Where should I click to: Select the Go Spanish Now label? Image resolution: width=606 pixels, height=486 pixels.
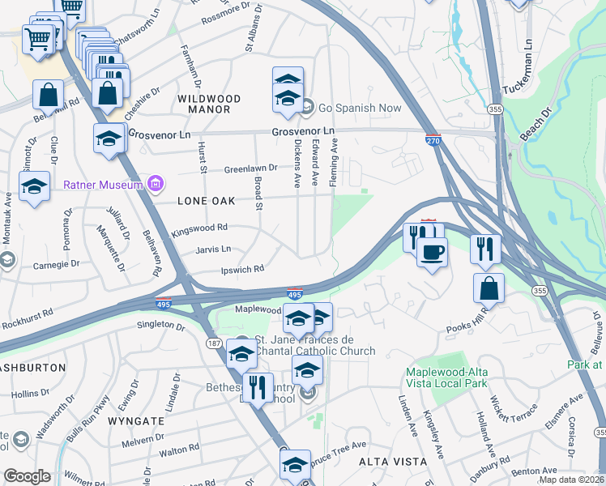click(x=361, y=107)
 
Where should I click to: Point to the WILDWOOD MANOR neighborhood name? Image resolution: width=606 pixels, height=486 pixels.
click(x=208, y=104)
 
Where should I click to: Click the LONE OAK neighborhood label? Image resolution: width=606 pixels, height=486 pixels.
click(x=198, y=198)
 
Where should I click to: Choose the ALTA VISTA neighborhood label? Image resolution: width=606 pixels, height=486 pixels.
click(x=393, y=461)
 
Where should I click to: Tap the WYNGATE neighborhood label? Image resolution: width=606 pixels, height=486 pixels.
click(x=142, y=421)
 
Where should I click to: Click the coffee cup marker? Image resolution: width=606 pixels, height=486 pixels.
click(x=433, y=251)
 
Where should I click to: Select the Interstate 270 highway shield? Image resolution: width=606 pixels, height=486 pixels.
click(x=433, y=139)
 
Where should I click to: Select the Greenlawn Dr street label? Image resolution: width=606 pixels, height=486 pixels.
click(x=251, y=168)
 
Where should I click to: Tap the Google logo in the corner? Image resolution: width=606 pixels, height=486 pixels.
click(x=26, y=476)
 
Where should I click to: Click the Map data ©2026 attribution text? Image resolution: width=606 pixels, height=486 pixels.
click(x=571, y=480)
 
